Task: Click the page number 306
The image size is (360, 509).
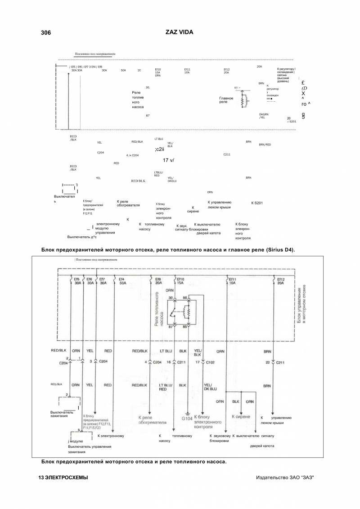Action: point(45,33)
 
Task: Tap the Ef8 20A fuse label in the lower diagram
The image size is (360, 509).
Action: point(158,282)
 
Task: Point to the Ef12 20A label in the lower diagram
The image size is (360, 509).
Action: point(281,282)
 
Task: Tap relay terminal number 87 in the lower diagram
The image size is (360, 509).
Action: point(171,327)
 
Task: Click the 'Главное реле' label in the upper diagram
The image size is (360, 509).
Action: point(226,100)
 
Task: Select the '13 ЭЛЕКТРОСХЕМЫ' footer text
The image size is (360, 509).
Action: point(63,477)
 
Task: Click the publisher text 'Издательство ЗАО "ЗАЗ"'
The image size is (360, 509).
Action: point(284,477)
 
